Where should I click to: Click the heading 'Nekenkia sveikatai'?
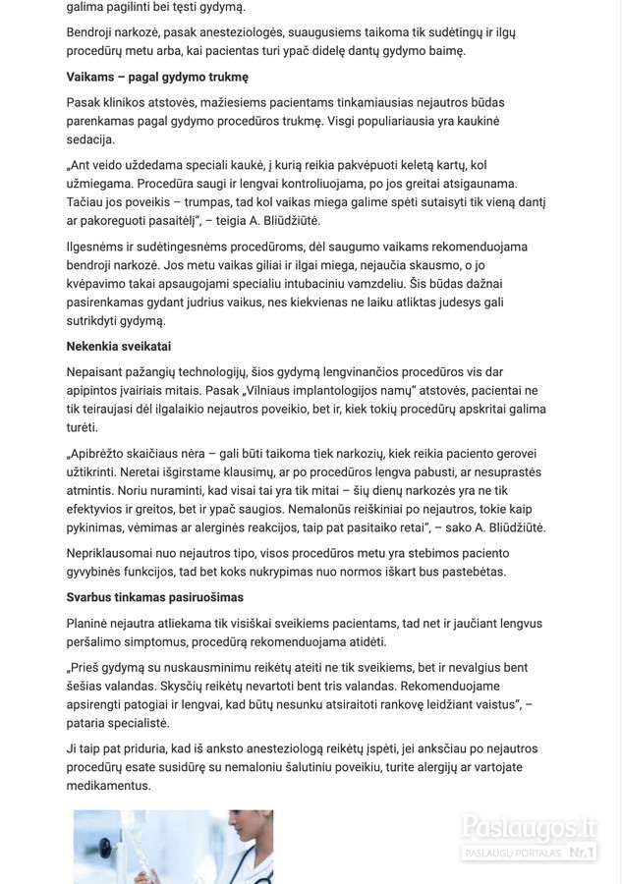(x=120, y=347)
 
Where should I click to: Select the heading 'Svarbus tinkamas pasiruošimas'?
(x=154, y=597)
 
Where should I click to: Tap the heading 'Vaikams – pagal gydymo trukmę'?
(x=157, y=77)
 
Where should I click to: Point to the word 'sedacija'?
(x=91, y=139)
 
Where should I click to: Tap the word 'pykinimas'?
(x=99, y=527)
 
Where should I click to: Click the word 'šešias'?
(x=90, y=687)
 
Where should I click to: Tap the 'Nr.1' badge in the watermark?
(x=581, y=852)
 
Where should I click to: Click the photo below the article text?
(x=173, y=847)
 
